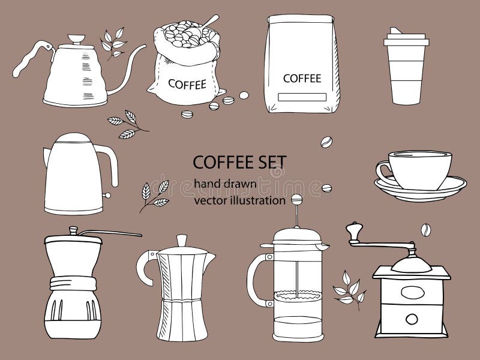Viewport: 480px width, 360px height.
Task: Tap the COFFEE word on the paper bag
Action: click(302, 78)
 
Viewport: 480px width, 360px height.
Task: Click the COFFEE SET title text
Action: click(239, 162)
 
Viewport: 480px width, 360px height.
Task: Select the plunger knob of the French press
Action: click(295, 198)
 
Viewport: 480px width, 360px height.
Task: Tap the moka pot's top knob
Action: click(182, 241)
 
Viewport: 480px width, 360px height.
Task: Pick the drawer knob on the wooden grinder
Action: click(412, 318)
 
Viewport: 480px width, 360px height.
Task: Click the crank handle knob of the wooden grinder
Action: click(353, 230)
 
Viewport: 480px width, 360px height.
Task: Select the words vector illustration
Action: click(239, 201)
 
